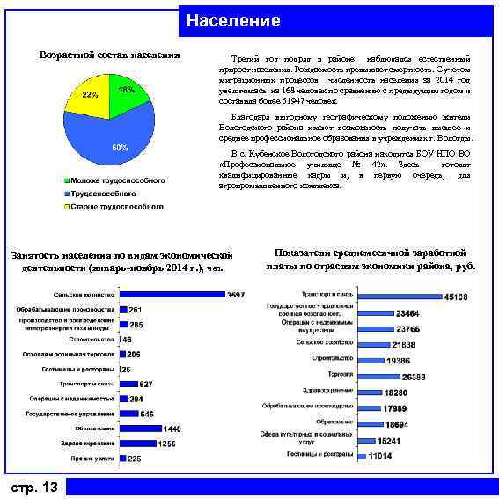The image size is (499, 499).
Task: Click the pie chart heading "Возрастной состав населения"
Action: point(110,55)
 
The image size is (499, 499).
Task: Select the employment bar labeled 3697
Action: point(172,293)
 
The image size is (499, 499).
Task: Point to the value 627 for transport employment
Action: point(146,384)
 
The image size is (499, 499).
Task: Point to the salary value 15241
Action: point(388,441)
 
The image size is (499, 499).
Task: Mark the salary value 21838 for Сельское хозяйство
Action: point(404,345)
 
